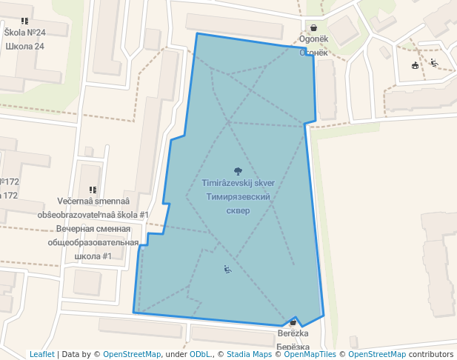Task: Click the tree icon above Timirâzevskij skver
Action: click(x=238, y=171)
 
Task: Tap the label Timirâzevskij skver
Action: click(x=238, y=183)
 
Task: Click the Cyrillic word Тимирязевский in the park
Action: click(x=238, y=197)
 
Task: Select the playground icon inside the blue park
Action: click(x=227, y=269)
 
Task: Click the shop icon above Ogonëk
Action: click(x=314, y=27)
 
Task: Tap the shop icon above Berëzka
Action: click(x=293, y=322)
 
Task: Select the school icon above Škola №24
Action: click(x=24, y=21)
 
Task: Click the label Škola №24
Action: click(x=24, y=33)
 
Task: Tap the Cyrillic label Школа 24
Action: click(x=24, y=47)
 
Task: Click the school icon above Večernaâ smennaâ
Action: click(x=93, y=190)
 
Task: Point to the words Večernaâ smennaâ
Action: click(x=93, y=202)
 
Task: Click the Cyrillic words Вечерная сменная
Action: click(x=93, y=230)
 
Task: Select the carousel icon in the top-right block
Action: click(x=415, y=65)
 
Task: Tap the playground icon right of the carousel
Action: click(x=434, y=62)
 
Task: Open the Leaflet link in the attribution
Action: click(x=41, y=355)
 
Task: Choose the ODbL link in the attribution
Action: click(x=200, y=355)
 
